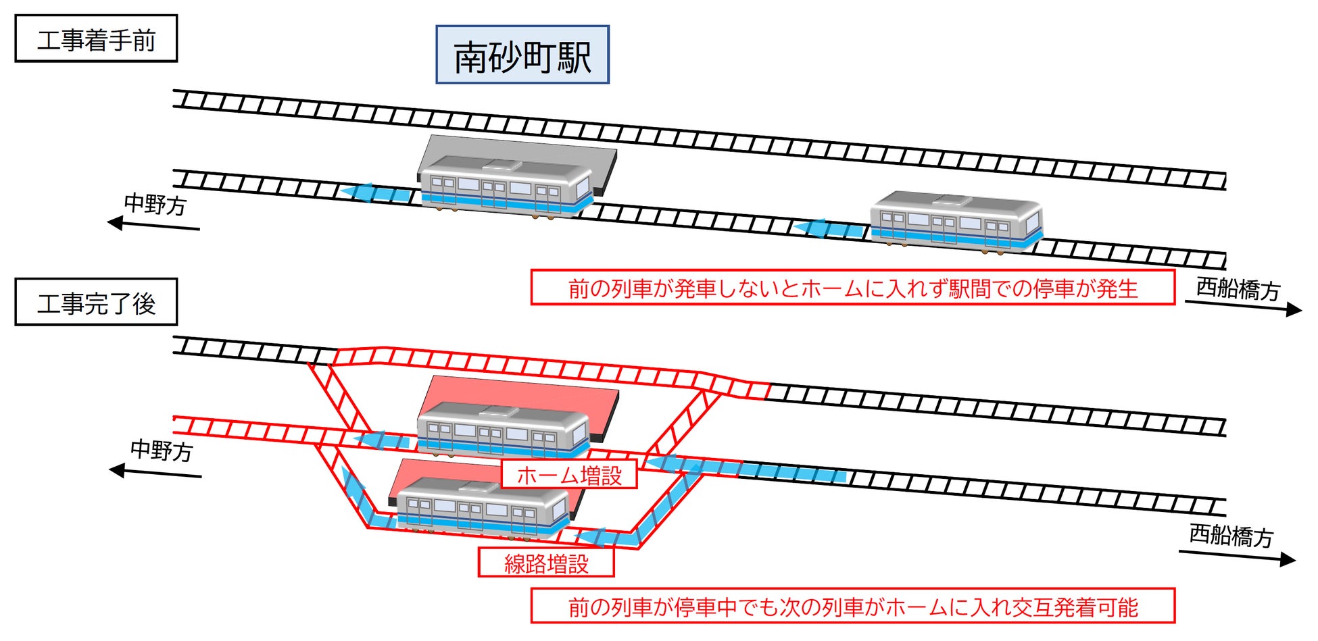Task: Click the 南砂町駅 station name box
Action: tap(522, 55)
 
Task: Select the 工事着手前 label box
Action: tap(96, 39)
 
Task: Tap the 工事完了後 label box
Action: tap(96, 303)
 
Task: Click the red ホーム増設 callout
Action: tap(569, 475)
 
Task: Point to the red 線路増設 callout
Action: tap(546, 563)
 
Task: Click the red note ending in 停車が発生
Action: tap(852, 288)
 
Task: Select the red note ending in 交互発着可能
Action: tap(852, 607)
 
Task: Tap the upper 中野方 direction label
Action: tap(155, 203)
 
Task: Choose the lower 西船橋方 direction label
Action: tap(1231, 535)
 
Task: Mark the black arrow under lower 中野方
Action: tap(155, 472)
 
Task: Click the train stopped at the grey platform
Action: tap(506, 186)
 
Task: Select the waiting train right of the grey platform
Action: tap(956, 222)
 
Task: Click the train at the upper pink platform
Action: tap(503, 430)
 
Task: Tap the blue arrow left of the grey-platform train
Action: tap(376, 193)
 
